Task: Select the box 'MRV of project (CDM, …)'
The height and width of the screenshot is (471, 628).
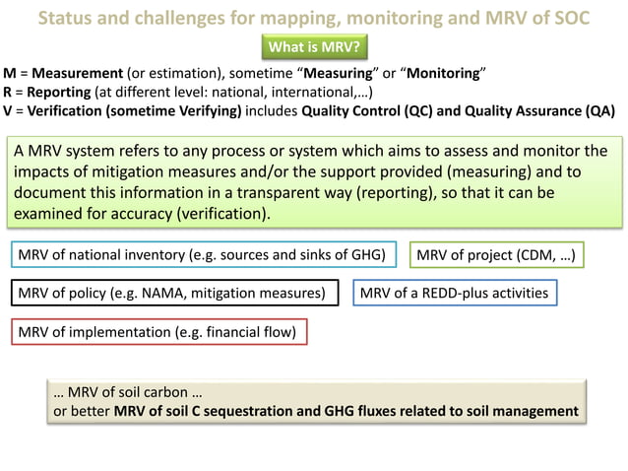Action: click(x=496, y=255)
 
